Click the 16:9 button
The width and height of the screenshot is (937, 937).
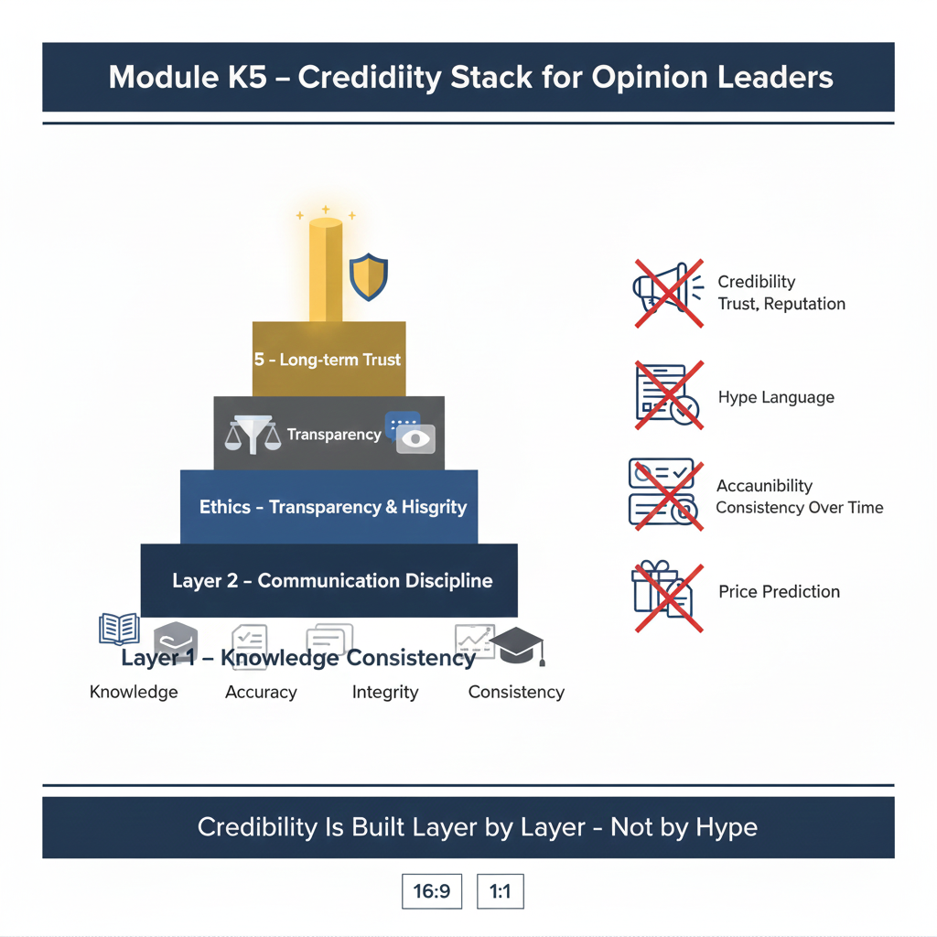click(432, 891)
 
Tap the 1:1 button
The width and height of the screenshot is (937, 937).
click(501, 891)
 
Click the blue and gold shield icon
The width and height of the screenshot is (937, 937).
click(369, 276)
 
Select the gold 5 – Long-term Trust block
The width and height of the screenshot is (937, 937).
click(329, 359)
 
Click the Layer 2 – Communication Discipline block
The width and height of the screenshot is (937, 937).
click(329, 580)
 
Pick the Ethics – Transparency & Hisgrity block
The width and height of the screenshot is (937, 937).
click(329, 507)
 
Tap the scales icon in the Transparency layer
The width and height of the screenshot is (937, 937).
click(253, 435)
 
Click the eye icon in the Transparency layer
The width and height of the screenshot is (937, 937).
click(415, 439)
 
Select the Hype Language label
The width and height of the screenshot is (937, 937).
click(776, 397)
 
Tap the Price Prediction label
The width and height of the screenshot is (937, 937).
click(780, 592)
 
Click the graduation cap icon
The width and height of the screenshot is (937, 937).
click(518, 646)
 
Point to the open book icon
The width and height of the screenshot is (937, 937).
click(120, 630)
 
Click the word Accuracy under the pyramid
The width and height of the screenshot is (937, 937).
click(261, 692)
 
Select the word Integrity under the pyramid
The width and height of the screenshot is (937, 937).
click(385, 692)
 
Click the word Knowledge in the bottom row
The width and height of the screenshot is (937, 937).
click(134, 692)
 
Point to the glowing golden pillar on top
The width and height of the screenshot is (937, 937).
click(326, 270)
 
